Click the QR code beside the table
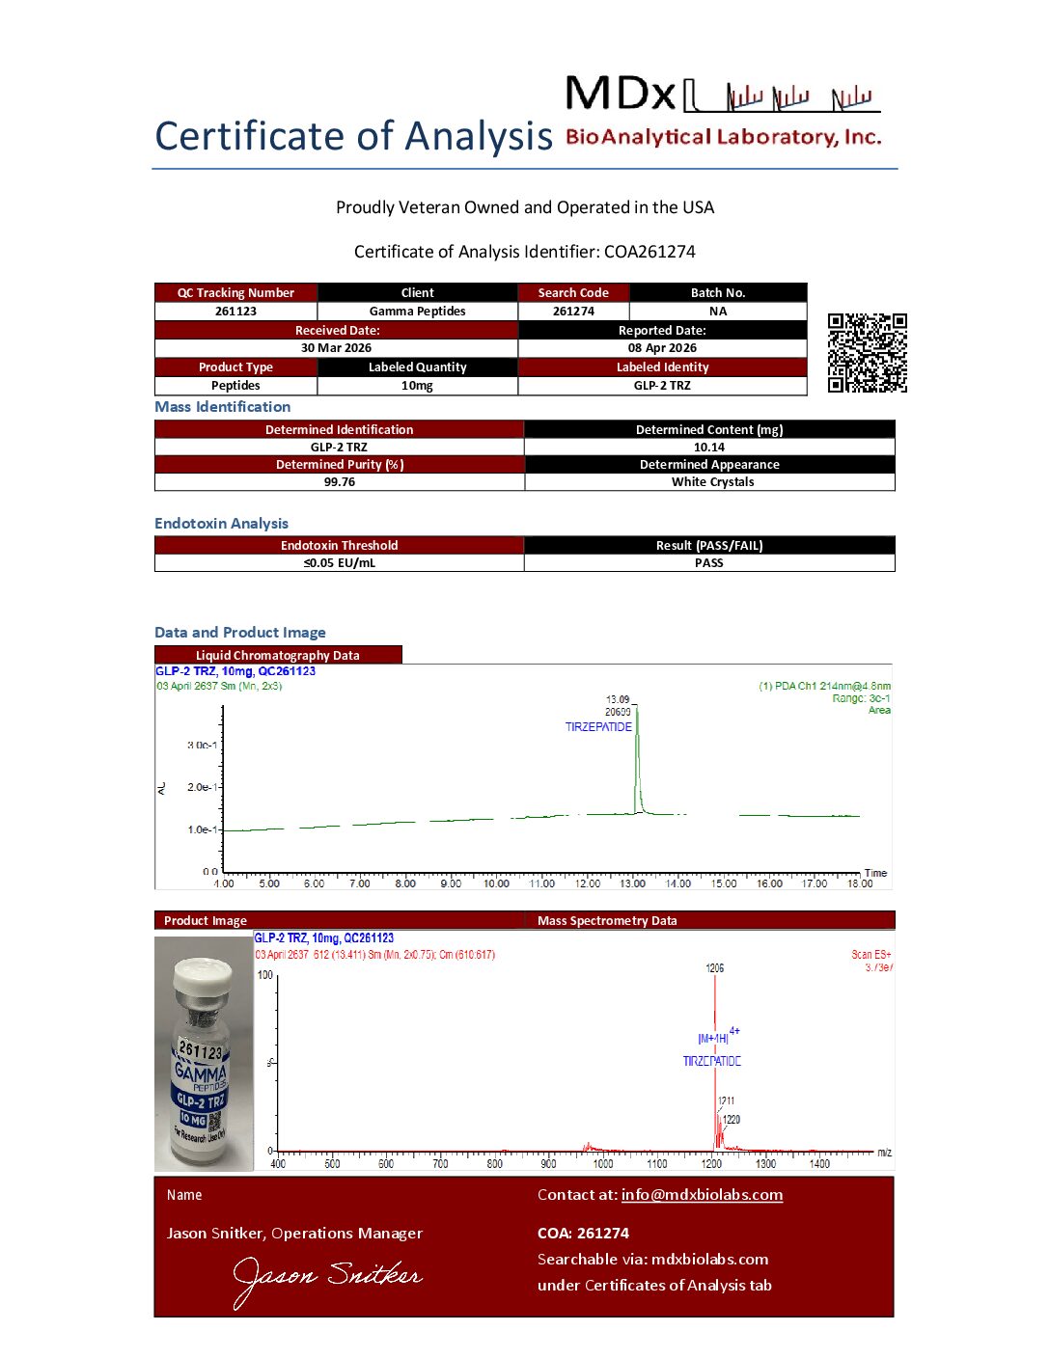click(867, 353)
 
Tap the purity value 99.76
click(339, 482)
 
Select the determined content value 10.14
click(708, 448)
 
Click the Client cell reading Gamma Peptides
click(417, 312)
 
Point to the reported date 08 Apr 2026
click(662, 348)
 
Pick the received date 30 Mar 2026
click(336, 348)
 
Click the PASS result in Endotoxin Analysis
click(708, 563)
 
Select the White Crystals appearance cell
click(712, 482)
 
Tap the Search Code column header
click(573, 293)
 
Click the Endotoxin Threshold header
click(339, 546)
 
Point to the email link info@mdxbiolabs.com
click(702, 1195)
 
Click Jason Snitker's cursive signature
click(327, 1278)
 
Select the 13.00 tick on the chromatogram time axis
click(632, 883)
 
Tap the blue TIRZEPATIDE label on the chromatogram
click(598, 727)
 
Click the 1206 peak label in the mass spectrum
click(714, 968)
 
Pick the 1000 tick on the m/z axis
click(602, 1164)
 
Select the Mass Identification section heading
click(222, 407)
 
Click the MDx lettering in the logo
click(620, 95)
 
